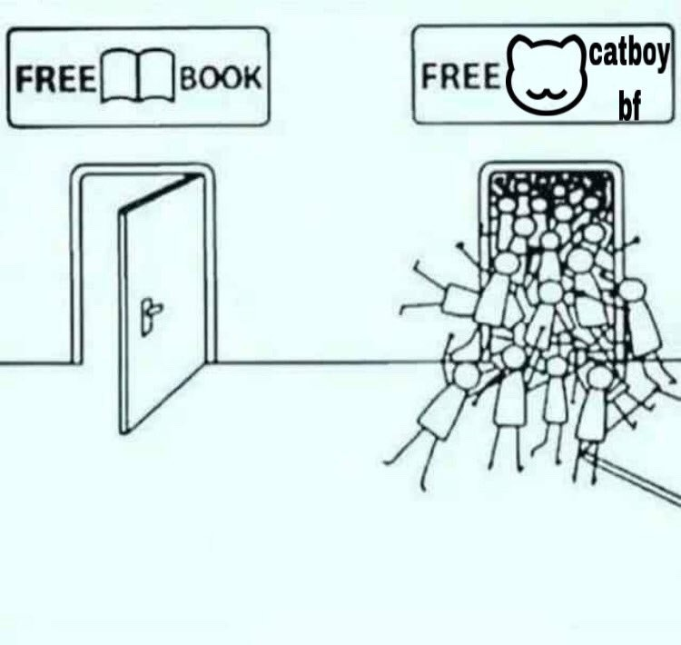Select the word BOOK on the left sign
click(x=221, y=78)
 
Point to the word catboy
click(x=629, y=57)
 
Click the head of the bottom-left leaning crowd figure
click(x=466, y=374)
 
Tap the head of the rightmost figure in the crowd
click(x=629, y=292)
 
